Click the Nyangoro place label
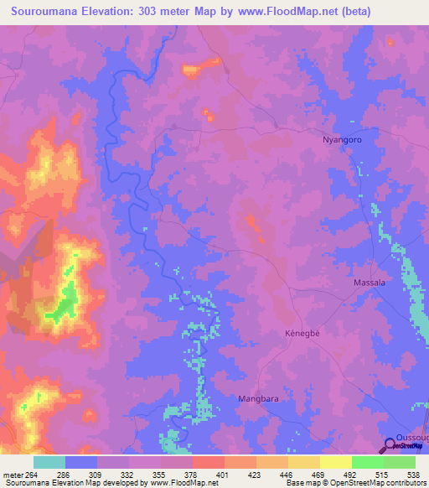[342, 141]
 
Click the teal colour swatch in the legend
[49, 462]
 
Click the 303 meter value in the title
[161, 12]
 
